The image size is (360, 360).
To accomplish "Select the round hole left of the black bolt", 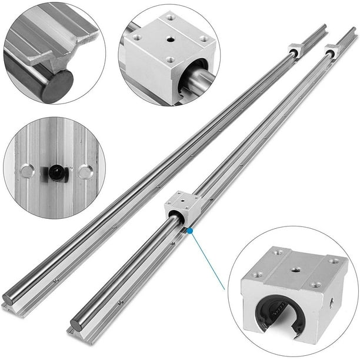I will [x=26, y=172].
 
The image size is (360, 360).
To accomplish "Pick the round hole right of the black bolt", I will [x=85, y=172].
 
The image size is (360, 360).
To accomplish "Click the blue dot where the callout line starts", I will [x=190, y=231].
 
